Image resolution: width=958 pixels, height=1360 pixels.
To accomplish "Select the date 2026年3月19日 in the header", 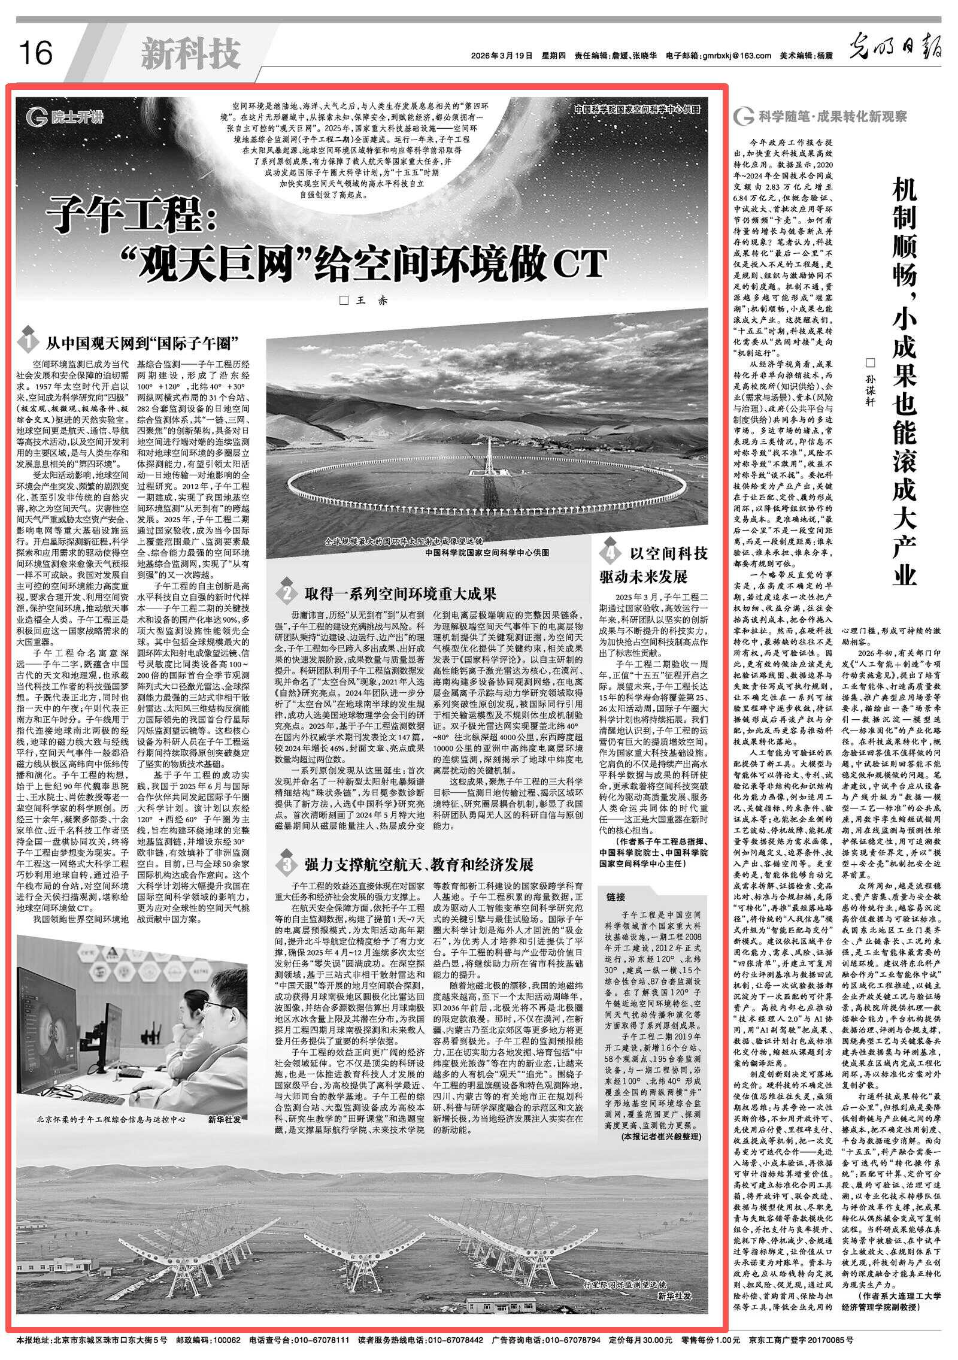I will coord(502,56).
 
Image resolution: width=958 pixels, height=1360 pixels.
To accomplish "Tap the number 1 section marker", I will coord(28,343).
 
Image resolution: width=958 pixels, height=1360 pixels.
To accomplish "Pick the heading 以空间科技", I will coord(669,554).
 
